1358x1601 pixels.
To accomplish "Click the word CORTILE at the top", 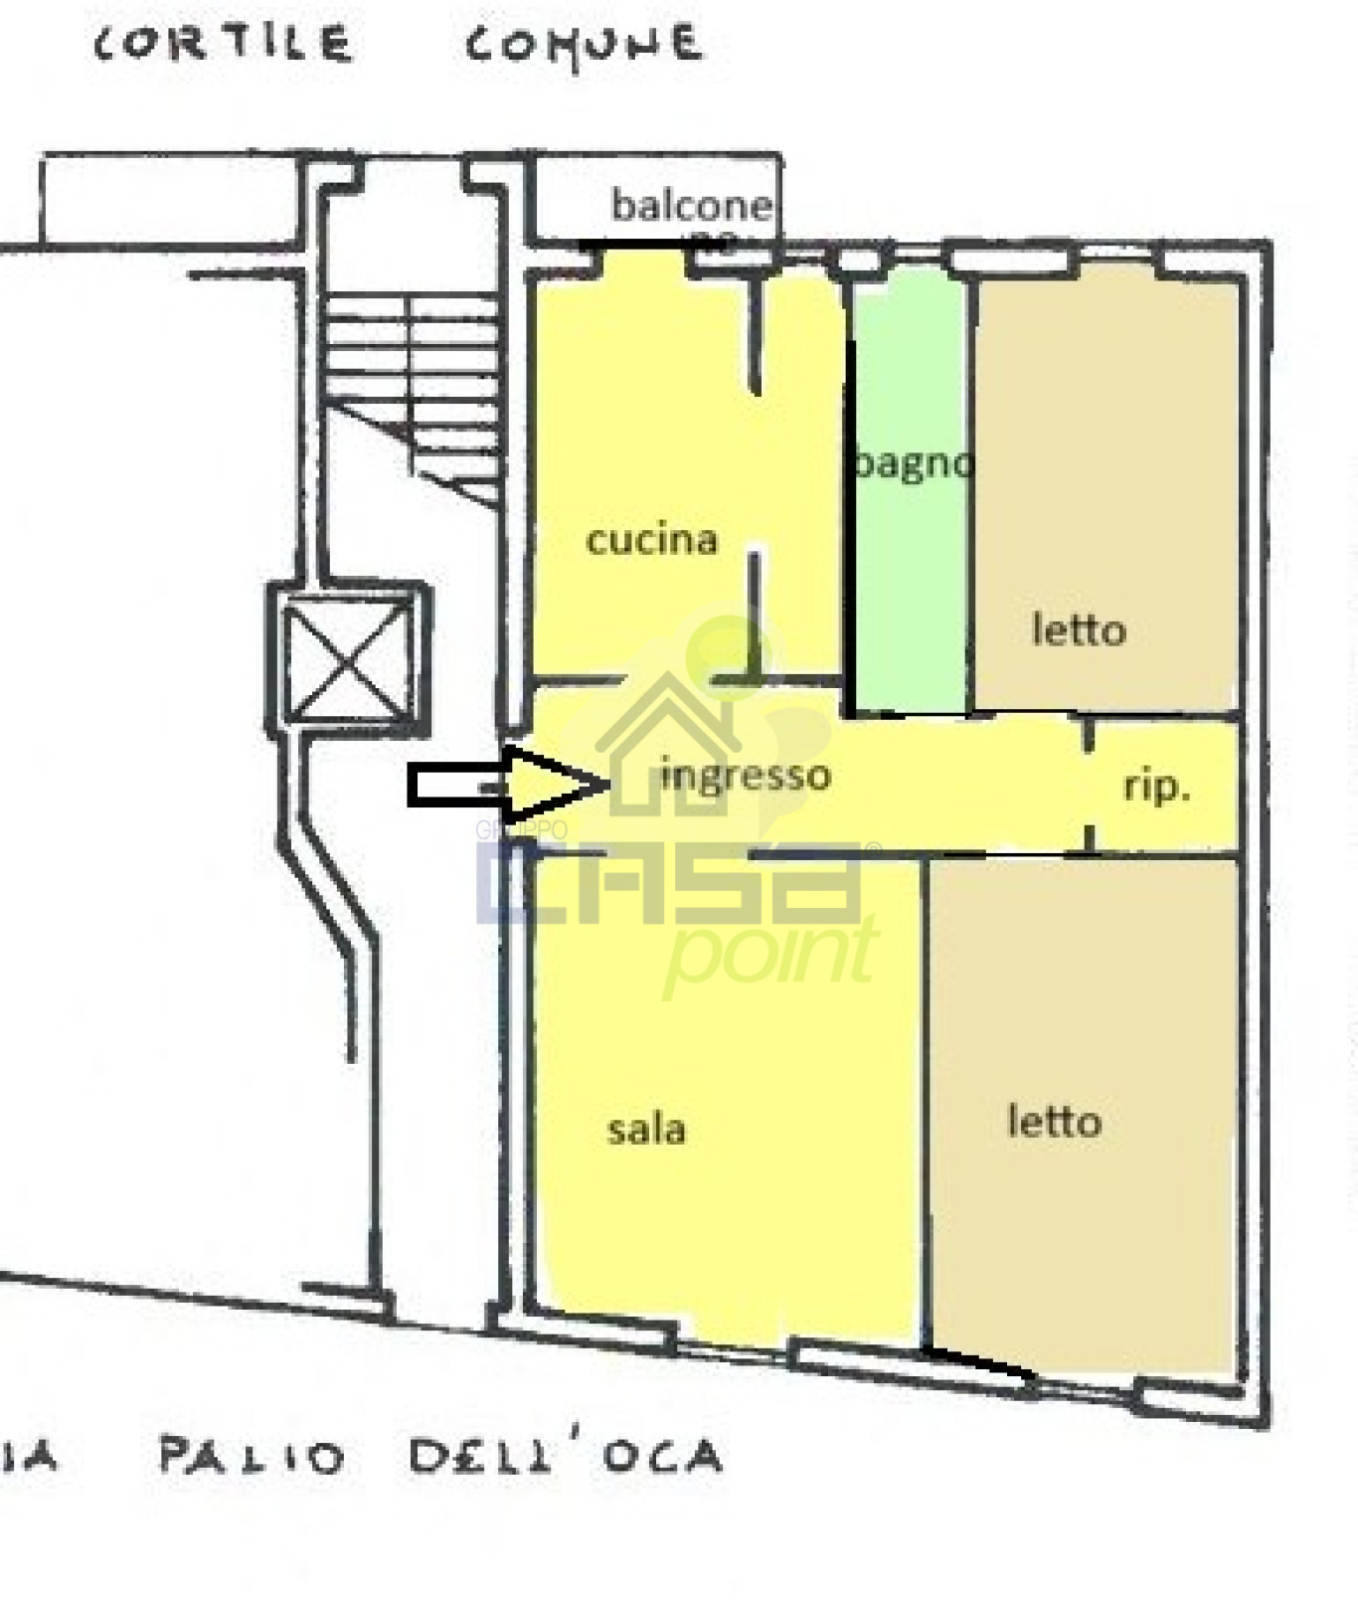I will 223,45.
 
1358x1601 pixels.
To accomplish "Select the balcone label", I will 691,206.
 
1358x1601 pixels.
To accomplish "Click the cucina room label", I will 652,539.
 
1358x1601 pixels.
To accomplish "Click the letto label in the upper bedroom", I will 1079,629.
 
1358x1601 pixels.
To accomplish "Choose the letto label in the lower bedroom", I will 1054,1122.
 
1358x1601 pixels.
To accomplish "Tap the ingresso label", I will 746,775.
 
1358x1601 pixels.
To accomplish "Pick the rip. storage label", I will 1156,787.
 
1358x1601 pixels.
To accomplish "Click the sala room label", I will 646,1130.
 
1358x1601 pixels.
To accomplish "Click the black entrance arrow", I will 507,784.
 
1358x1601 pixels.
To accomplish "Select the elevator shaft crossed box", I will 348,659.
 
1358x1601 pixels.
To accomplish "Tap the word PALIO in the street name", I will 252,1457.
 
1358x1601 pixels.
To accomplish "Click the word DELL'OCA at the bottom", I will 565,1457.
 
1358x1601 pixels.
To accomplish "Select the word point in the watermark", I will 770,953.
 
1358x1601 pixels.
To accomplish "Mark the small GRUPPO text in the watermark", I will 521,830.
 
